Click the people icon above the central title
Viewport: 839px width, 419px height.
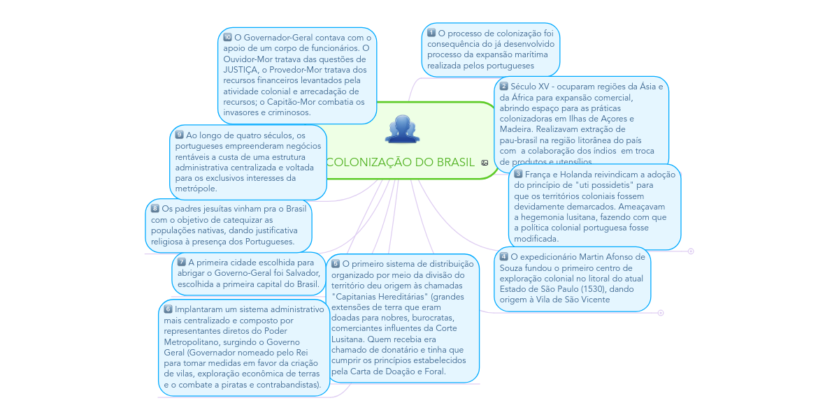[402, 128]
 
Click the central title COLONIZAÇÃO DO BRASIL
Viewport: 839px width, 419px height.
[400, 162]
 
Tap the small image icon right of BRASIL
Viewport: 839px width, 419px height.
[485, 163]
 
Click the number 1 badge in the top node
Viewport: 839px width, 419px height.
[431, 33]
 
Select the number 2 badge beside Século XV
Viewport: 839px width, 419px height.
[504, 86]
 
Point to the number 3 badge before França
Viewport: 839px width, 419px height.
[518, 173]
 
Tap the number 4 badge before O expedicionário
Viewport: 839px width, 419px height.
[504, 256]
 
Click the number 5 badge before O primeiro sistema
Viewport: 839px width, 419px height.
[336, 263]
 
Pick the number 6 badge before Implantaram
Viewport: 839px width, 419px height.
[168, 309]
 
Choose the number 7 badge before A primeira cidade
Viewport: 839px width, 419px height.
[182, 262]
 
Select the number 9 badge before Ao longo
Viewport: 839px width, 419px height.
[180, 134]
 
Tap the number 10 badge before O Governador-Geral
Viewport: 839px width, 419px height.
[228, 37]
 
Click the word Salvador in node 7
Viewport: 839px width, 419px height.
[299, 273]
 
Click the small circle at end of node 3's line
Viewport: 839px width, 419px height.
[691, 251]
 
